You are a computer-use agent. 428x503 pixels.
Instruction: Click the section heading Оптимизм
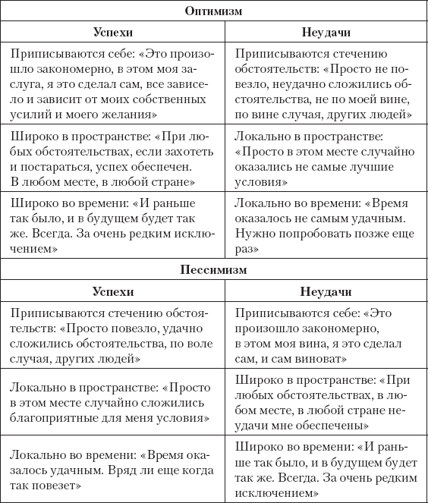215,13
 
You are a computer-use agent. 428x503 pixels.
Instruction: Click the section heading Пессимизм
215,269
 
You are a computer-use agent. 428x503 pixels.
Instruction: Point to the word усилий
29,114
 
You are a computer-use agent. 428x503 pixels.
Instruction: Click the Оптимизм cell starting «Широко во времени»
113,227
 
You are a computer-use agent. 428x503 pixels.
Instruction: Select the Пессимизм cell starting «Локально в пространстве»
113,401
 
